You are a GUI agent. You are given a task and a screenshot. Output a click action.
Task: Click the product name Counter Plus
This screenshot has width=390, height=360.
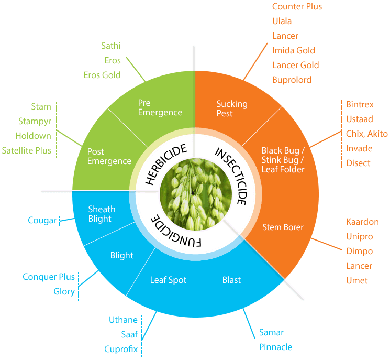tap(297, 7)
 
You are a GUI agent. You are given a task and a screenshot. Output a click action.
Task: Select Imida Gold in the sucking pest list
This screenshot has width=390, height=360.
tap(293, 51)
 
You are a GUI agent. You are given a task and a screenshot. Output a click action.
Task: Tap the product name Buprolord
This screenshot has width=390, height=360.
tap(292, 80)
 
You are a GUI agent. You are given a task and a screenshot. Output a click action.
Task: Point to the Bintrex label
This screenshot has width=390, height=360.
tap(360, 104)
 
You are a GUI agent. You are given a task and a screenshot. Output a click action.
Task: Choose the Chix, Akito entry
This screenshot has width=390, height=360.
tap(366, 134)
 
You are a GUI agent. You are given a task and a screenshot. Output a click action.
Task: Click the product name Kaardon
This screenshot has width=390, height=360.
tap(362, 222)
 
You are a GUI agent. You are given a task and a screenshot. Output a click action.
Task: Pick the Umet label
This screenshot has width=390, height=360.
tap(357, 280)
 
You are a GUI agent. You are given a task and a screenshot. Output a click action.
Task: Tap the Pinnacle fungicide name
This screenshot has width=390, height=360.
tap(275, 347)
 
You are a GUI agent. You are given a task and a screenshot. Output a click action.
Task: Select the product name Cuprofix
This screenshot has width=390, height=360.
tap(121, 349)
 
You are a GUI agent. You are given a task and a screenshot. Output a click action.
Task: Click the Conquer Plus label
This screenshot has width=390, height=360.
tap(49, 277)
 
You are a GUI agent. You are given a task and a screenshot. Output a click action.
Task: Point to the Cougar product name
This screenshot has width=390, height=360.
tap(42, 221)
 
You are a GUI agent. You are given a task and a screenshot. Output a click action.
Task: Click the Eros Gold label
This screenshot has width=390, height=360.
tap(102, 75)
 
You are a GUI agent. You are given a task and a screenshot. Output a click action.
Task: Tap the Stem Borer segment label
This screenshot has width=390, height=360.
tap(283, 227)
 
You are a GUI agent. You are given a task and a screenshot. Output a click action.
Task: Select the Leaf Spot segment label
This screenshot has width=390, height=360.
tap(169, 280)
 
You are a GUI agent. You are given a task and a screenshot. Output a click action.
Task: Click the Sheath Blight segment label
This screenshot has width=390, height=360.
tap(102, 214)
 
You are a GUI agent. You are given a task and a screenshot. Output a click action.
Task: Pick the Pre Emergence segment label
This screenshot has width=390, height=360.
tap(160, 107)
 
